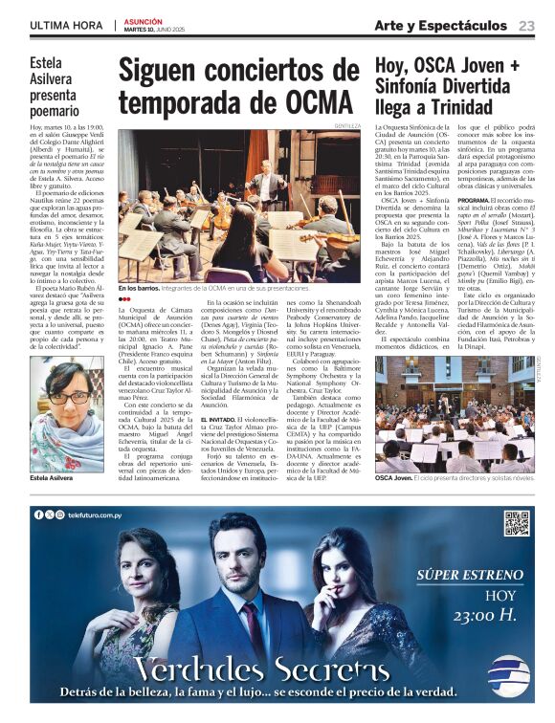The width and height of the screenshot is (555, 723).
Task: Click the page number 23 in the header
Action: coord(526,26)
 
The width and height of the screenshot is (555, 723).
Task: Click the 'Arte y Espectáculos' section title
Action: coord(440,26)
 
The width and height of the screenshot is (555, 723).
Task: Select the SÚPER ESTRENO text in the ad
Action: coord(467,576)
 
